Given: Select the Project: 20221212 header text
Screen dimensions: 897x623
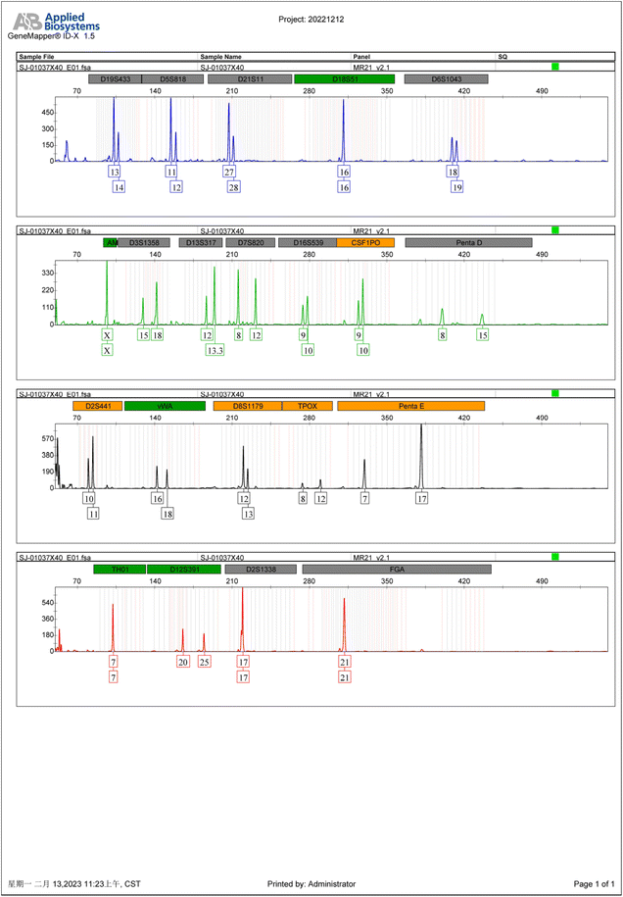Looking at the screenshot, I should tap(311, 18).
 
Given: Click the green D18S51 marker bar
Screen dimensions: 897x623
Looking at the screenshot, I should tap(344, 78).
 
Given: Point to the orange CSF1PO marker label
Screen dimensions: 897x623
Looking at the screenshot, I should tap(365, 242).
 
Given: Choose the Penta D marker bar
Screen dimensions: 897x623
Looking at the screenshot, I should tap(468, 242).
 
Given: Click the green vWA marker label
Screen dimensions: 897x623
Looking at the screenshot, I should tap(165, 406).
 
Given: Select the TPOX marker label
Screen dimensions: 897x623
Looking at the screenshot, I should tap(308, 406).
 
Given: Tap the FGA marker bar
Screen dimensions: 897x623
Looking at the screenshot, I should tap(397, 569).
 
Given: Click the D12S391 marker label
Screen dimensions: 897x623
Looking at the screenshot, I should tap(184, 569).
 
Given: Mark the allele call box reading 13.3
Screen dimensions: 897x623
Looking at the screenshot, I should tap(216, 350).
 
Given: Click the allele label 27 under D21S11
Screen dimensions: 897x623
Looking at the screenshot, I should tap(229, 172).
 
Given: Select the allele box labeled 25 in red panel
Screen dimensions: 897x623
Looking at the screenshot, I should tap(205, 662).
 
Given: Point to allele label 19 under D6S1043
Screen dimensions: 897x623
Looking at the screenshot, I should tap(457, 186).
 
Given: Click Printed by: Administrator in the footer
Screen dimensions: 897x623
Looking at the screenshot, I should tap(311, 884).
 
